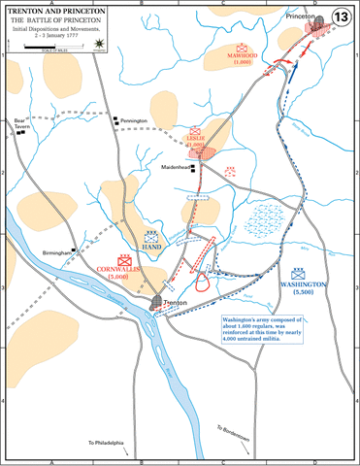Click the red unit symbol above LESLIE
pos(194,129)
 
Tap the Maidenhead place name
pos(176,167)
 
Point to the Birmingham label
pos(58,251)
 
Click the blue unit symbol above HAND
pos(151,236)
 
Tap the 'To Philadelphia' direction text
pos(108,444)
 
